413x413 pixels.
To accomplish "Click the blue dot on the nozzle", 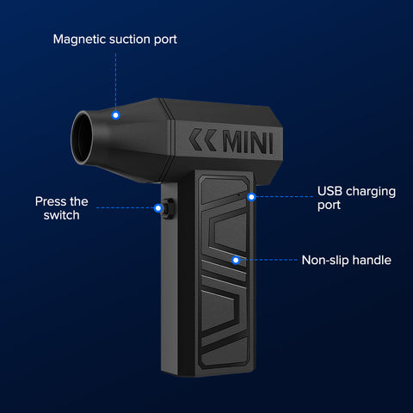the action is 115,115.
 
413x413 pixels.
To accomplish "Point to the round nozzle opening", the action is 82,138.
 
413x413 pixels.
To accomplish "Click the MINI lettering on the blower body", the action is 248,143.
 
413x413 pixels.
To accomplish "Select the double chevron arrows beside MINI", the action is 202,139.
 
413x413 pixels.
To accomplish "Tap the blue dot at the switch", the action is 158,208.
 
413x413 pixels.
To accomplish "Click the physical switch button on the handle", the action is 169,208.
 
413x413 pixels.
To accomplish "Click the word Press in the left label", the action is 49,201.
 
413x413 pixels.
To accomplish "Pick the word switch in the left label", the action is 62,215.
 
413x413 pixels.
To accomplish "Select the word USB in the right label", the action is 330,191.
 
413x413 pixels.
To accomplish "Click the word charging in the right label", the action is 371,192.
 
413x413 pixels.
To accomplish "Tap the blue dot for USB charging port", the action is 251,197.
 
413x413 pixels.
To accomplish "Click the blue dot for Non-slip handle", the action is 236,260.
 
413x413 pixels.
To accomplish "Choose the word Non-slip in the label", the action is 325,260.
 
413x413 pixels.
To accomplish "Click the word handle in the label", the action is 372,260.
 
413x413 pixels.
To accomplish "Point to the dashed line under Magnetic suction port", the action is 115,82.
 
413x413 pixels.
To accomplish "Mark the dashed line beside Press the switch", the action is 125,208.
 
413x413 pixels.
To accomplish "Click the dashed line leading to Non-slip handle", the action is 268,260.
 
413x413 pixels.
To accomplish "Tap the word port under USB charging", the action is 329,206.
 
